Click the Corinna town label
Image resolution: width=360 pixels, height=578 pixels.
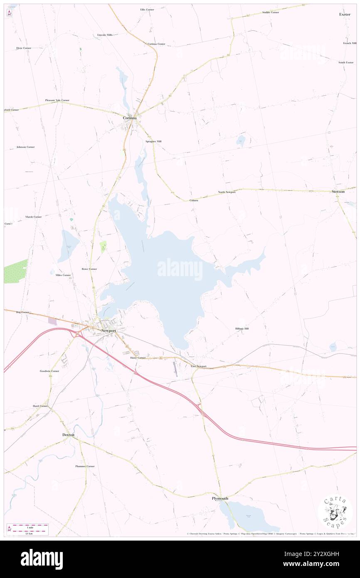tap(129, 118)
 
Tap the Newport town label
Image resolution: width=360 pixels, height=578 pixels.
tap(108, 330)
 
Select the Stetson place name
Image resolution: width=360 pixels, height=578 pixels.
tap(338, 191)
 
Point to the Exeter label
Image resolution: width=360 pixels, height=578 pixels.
tap(345, 14)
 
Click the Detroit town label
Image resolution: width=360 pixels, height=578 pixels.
tap(68, 435)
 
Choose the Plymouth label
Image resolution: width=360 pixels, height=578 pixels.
tap(220, 498)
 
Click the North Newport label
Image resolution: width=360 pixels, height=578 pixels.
tap(227, 192)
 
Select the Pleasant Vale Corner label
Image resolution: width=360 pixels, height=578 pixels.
tap(57, 100)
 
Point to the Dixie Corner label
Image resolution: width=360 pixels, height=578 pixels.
tap(24, 48)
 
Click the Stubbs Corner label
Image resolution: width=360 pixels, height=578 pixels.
tap(271, 12)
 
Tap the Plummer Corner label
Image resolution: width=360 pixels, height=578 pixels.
tap(85, 466)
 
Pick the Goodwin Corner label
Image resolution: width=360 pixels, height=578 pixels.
tap(49, 371)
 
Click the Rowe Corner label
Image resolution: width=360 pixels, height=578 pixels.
tap(89, 269)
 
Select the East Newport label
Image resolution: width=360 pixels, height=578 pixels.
tap(199, 366)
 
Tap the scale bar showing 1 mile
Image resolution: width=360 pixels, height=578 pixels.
tap(28, 529)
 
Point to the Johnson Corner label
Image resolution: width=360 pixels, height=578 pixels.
tap(25, 147)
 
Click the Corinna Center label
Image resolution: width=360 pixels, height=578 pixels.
tap(156, 44)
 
